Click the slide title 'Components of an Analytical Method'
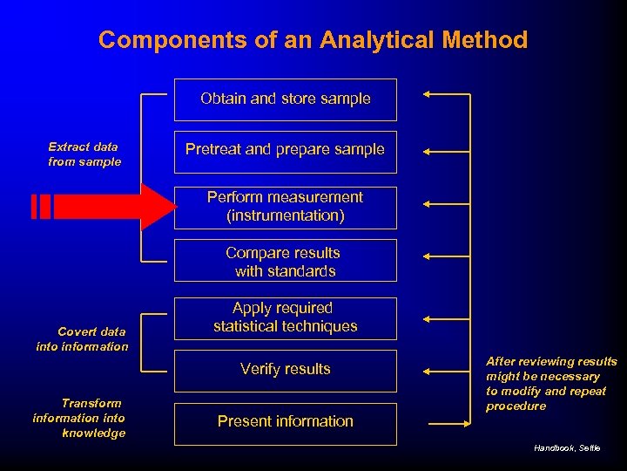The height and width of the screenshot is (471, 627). (313, 39)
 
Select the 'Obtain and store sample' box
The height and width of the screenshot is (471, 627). (285, 99)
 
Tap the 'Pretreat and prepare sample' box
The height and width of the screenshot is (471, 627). (285, 150)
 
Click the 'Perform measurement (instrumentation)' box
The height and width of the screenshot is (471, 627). (285, 207)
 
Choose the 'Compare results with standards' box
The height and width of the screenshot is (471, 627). (285, 262)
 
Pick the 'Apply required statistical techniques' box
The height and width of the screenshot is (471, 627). (285, 317)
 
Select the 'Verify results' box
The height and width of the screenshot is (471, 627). (285, 370)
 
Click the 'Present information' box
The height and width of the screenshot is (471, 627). (285, 422)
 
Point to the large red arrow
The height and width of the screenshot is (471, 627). (104, 207)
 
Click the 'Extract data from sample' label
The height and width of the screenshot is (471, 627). (84, 154)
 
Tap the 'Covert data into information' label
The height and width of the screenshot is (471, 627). (82, 339)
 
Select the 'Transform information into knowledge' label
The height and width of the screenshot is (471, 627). (79, 418)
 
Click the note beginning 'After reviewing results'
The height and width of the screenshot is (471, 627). (550, 384)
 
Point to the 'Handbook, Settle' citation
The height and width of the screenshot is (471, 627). (567, 447)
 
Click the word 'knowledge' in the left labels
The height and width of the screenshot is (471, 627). (93, 433)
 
